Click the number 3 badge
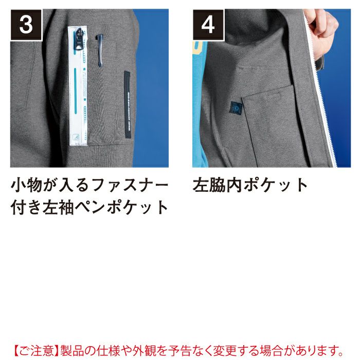26,25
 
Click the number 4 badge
208,25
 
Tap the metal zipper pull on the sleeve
79,40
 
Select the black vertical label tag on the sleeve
127,104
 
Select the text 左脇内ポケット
250,185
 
